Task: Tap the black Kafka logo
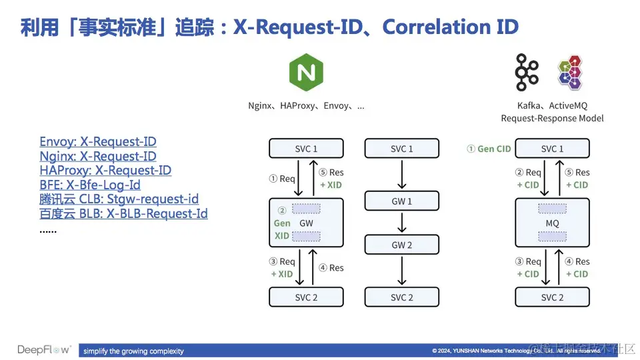pyautogui.click(x=527, y=72)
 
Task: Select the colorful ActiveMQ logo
pyautogui.click(x=570, y=72)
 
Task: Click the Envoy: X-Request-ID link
pyautogui.click(x=98, y=142)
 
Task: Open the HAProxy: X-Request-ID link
pyautogui.click(x=105, y=171)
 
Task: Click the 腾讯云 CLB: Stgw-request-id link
pyautogui.click(x=119, y=199)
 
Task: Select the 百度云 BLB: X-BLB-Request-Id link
pyautogui.click(x=123, y=214)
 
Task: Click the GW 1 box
pyautogui.click(x=401, y=201)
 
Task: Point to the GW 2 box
pyautogui.click(x=401, y=245)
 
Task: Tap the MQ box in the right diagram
pyautogui.click(x=552, y=223)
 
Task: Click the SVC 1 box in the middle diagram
pyautogui.click(x=401, y=149)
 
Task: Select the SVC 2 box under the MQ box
pyautogui.click(x=552, y=297)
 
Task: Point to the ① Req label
pyautogui.click(x=281, y=179)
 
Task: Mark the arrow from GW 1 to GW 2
pyautogui.click(x=401, y=223)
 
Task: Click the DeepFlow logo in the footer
pyautogui.click(x=44, y=350)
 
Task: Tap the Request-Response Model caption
pyautogui.click(x=552, y=118)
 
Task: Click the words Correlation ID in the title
pyautogui.click(x=451, y=27)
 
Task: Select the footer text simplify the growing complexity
pyautogui.click(x=133, y=351)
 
